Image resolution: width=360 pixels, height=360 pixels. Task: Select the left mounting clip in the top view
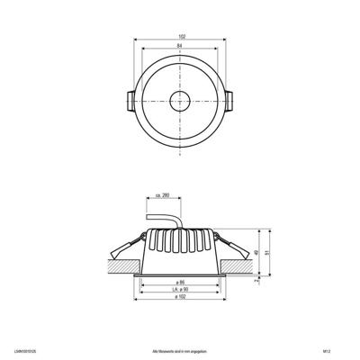[x=126, y=99]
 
